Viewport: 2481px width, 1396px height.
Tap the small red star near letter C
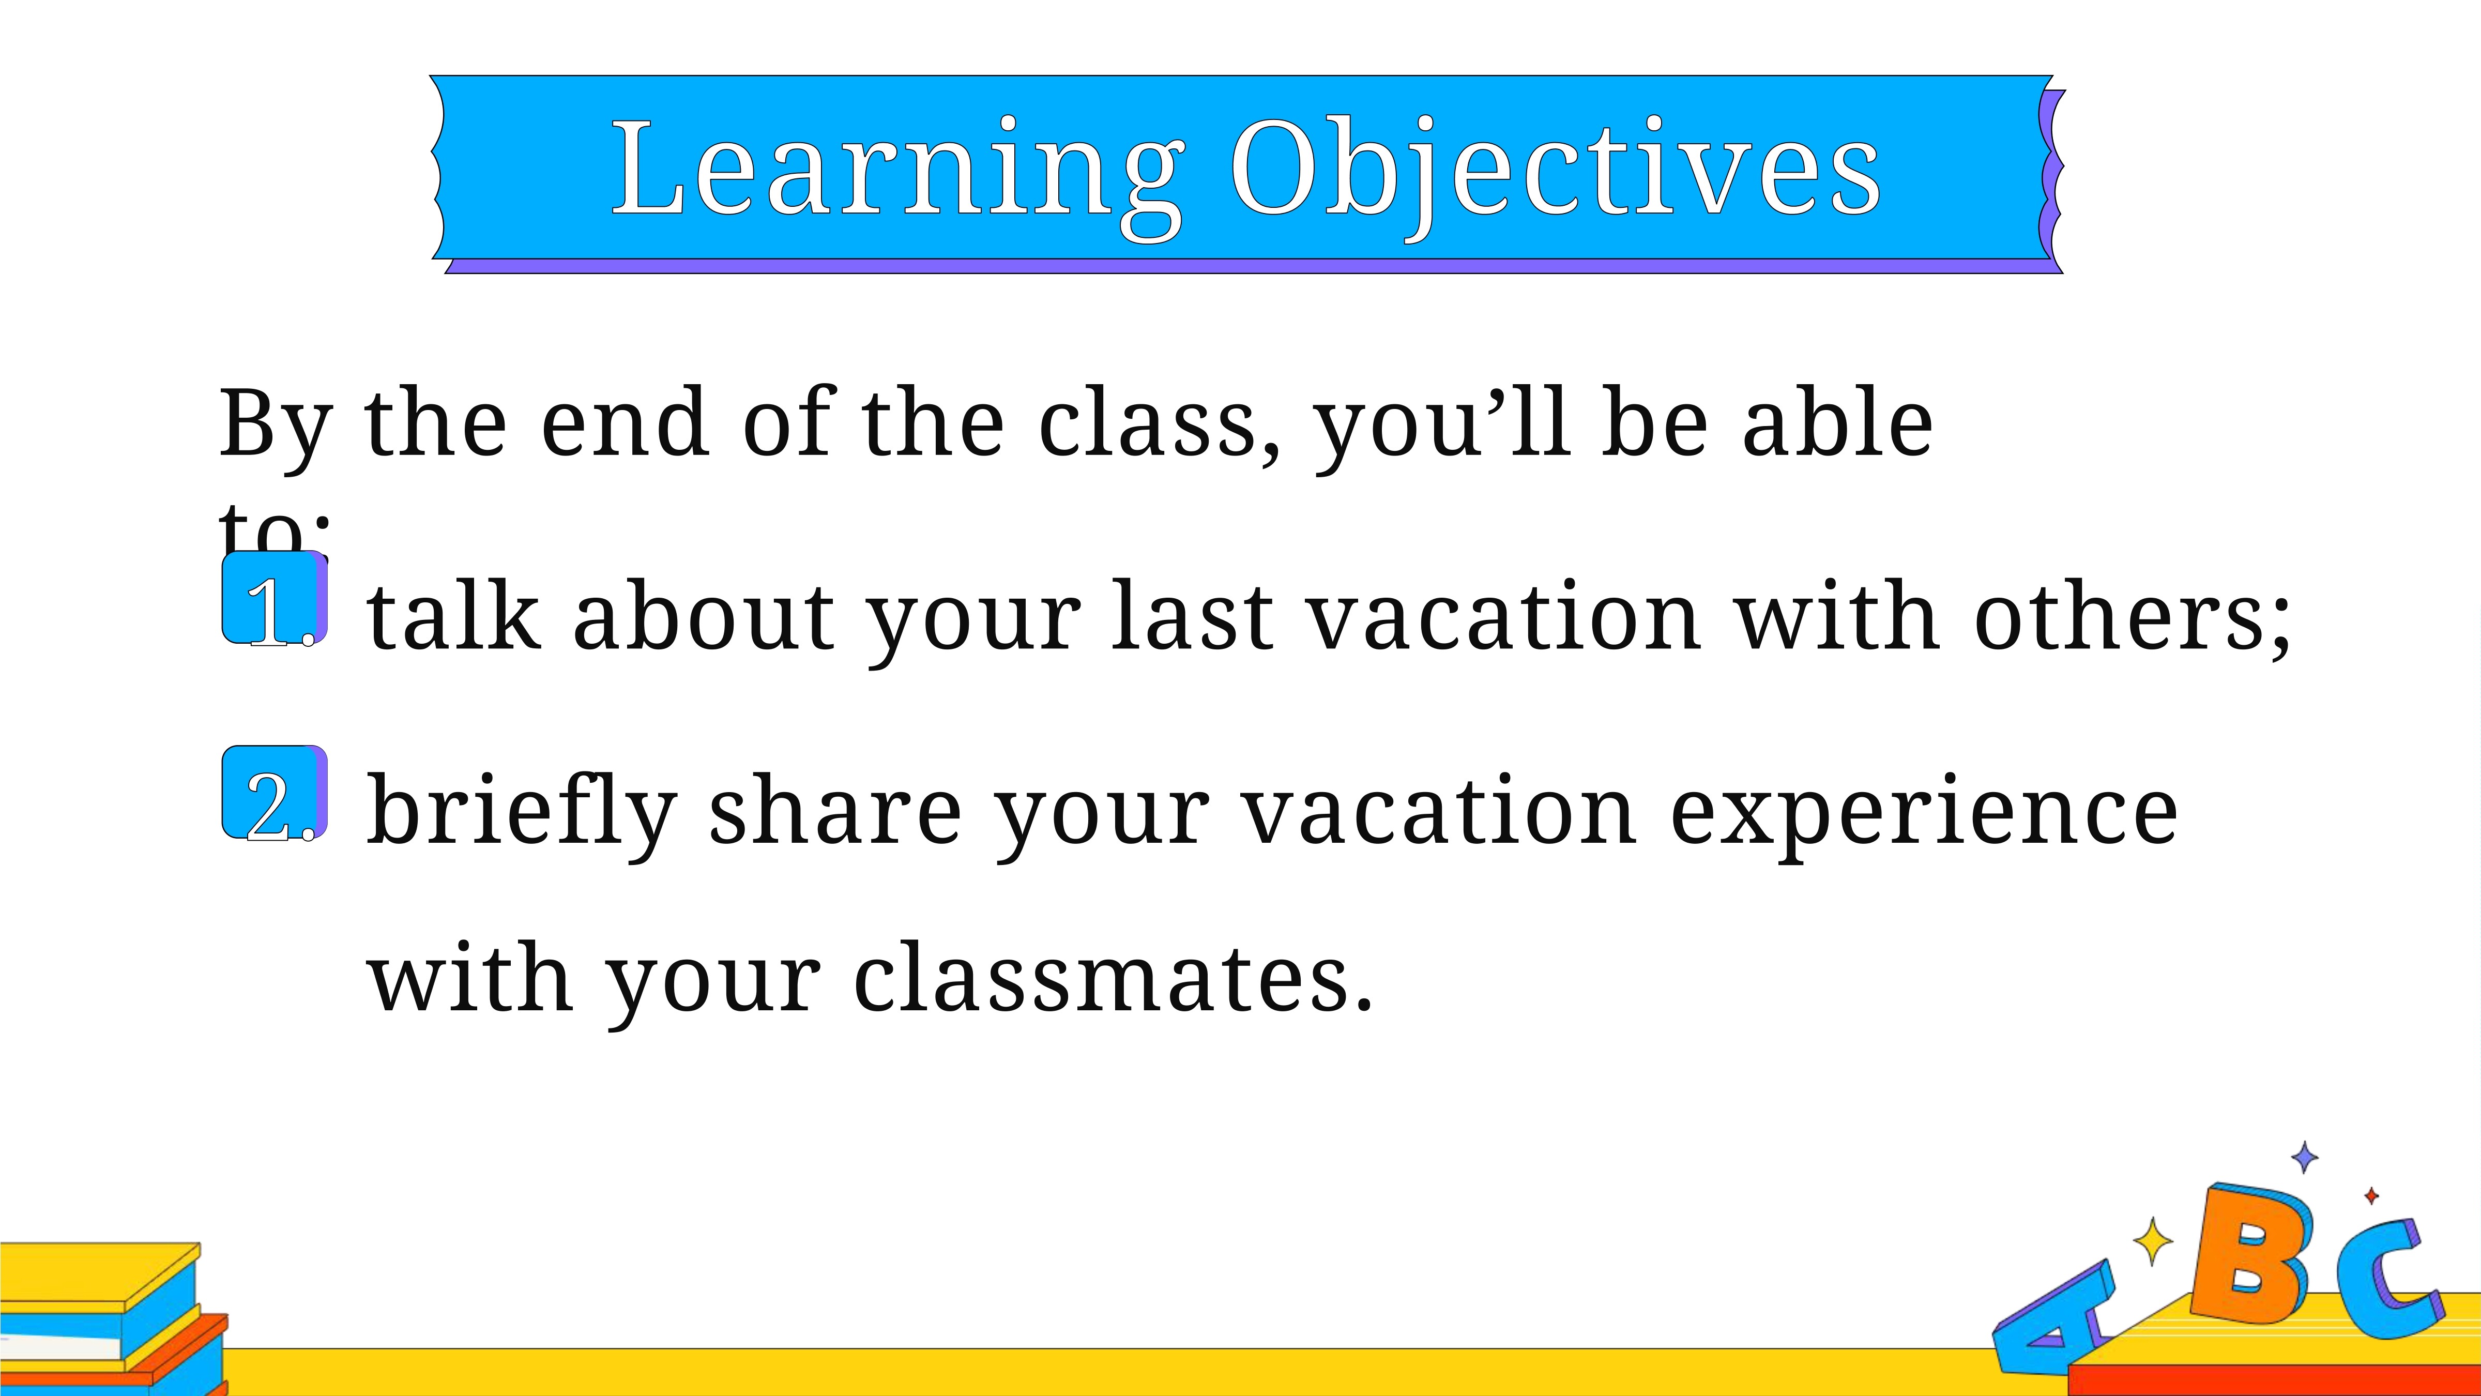click(x=2371, y=1195)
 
